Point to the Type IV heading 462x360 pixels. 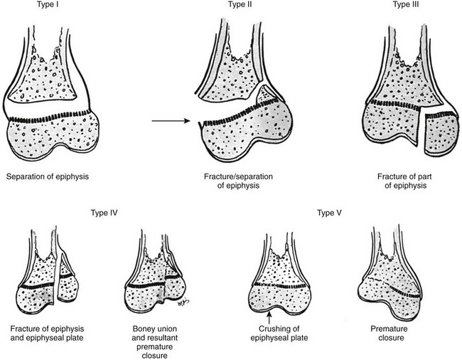105,212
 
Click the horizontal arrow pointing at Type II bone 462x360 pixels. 173,122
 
